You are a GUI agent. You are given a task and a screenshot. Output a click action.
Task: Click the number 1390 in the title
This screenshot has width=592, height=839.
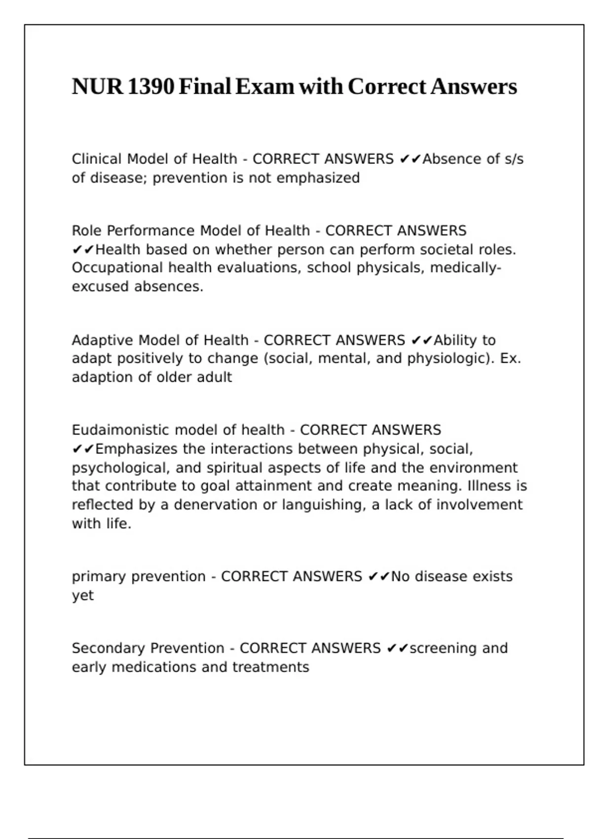tap(150, 87)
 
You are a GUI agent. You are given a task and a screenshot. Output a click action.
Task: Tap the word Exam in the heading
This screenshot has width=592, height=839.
tap(264, 87)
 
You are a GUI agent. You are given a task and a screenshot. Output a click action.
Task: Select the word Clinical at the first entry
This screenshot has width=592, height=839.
tap(97, 159)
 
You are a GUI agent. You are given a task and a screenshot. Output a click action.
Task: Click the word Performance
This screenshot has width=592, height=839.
tap(151, 231)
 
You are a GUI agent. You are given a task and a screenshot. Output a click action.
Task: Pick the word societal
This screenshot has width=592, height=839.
tap(446, 250)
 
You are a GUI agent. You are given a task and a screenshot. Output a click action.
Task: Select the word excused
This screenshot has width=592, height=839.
tap(101, 287)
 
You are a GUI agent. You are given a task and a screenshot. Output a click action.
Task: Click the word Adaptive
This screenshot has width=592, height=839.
tap(103, 341)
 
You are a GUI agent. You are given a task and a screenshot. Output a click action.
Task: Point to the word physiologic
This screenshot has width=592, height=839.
tap(448, 358)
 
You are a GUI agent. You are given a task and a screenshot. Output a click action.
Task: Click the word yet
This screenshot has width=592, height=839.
tap(82, 596)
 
